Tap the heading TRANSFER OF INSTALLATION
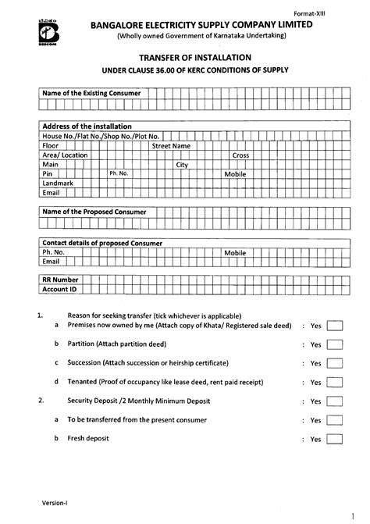click(x=184, y=58)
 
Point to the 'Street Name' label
click(x=171, y=145)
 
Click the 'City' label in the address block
click(x=182, y=165)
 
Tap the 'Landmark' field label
click(x=56, y=184)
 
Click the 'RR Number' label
click(x=60, y=279)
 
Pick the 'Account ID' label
click(x=59, y=288)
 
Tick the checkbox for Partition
click(x=334, y=344)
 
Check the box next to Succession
click(x=334, y=363)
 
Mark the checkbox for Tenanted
click(x=334, y=383)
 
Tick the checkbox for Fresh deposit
click(x=334, y=440)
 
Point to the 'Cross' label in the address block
click(x=240, y=155)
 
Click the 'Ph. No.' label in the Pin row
click(x=119, y=173)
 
